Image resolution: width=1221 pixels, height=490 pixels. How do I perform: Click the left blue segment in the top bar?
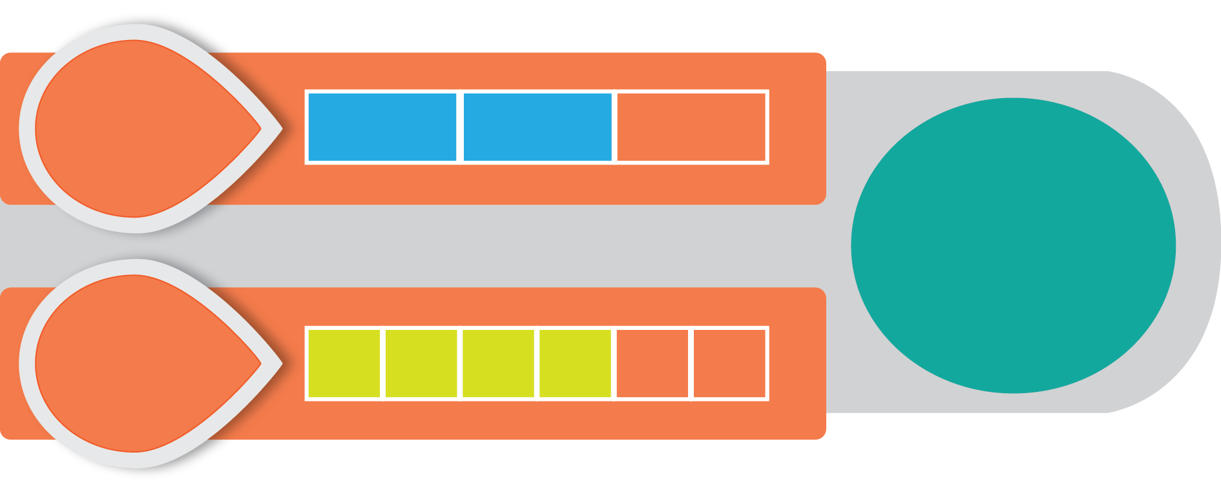(382, 127)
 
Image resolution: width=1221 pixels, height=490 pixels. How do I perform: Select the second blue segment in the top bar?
(537, 127)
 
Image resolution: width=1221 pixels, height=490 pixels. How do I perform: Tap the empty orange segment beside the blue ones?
(691, 127)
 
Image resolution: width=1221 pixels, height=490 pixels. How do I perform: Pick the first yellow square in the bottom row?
(344, 363)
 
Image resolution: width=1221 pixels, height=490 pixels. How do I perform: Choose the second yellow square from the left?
(421, 363)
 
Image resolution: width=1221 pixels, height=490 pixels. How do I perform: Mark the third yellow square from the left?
(498, 363)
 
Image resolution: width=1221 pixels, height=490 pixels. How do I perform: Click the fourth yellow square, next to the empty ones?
(575, 363)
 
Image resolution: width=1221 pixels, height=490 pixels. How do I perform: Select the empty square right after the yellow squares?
(652, 363)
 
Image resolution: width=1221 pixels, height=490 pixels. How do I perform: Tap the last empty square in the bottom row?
(729, 363)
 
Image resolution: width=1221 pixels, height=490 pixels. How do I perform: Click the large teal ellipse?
(1013, 245)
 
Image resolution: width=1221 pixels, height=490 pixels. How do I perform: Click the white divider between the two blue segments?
(460, 127)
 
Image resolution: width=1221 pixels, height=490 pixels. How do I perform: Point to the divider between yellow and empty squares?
(614, 363)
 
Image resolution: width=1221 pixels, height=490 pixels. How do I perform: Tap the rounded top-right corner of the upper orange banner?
(820, 58)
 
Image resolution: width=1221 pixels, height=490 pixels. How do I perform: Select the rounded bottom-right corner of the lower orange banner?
(820, 434)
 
